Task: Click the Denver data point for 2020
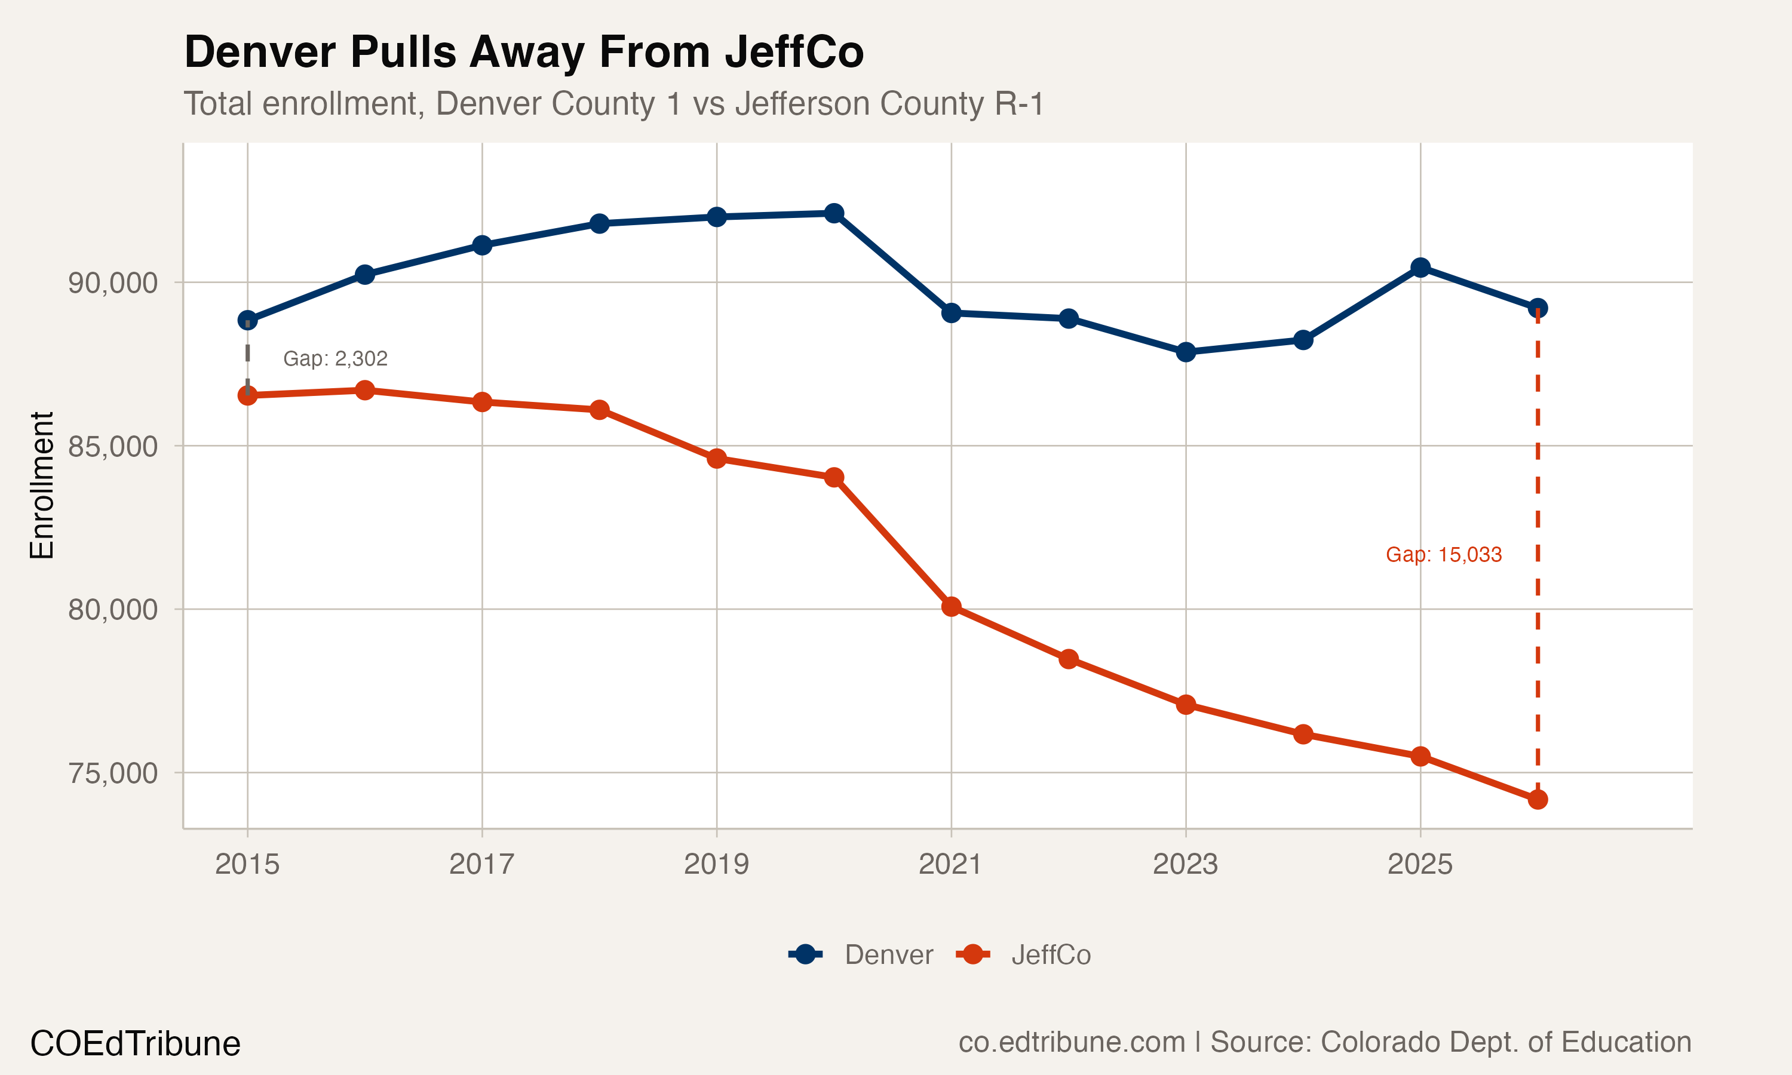coord(834,213)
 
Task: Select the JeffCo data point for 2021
coord(951,606)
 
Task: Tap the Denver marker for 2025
coord(1420,268)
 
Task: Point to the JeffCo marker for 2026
coord(1537,799)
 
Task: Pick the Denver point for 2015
coord(248,320)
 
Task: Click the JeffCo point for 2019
coord(716,459)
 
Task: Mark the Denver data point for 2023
coord(1186,352)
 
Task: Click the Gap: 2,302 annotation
coord(335,358)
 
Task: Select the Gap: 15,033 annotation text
coord(1443,555)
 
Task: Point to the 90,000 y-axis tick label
coord(112,282)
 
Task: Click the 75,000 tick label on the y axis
coord(112,773)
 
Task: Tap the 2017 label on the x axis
coord(481,864)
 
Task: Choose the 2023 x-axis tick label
coord(1185,864)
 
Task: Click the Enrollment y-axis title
coord(42,486)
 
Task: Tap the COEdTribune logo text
coord(135,1044)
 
